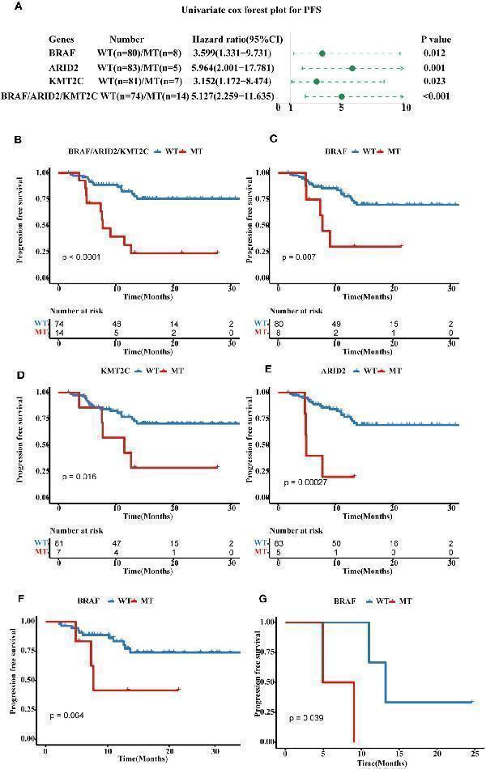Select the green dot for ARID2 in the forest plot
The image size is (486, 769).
(x=352, y=68)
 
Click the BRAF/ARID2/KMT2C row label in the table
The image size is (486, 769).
(x=50, y=96)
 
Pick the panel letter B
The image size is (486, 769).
(x=18, y=139)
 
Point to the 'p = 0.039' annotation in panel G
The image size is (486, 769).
(x=310, y=717)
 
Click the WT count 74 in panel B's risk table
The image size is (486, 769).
(x=59, y=322)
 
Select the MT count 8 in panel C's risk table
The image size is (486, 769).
(x=279, y=332)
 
